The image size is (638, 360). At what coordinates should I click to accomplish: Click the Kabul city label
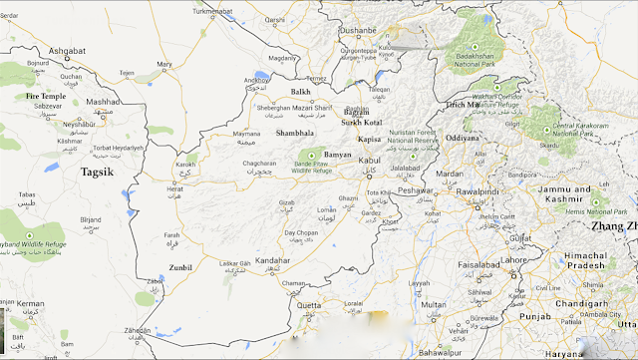click(x=369, y=160)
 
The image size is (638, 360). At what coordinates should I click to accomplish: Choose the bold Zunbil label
click(x=181, y=267)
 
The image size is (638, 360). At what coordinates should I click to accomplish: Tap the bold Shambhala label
click(x=295, y=132)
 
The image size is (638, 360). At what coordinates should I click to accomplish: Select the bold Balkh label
click(x=300, y=92)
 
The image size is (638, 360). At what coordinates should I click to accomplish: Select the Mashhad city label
click(x=101, y=102)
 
